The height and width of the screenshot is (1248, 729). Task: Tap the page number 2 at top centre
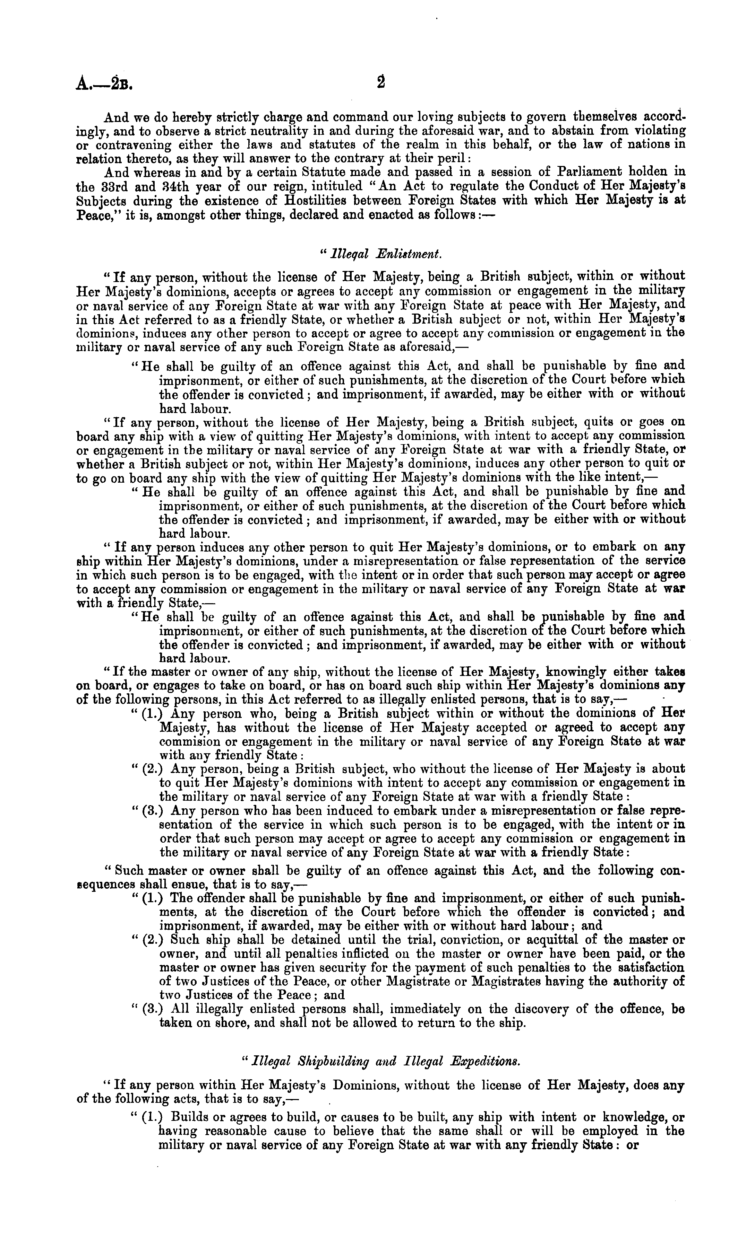tap(380, 82)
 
